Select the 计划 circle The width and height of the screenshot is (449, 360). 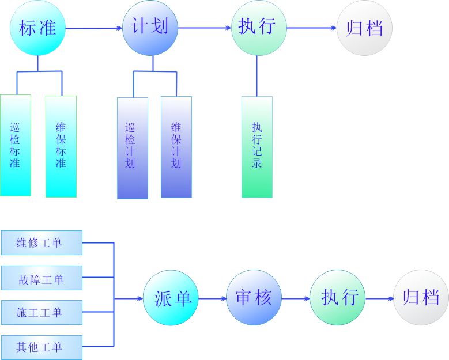pos(150,28)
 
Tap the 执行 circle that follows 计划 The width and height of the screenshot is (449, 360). pos(259,28)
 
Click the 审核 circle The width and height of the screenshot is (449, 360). pos(254,298)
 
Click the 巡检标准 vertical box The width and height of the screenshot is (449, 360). pos(16,145)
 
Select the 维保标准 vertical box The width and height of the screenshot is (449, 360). pos(61,145)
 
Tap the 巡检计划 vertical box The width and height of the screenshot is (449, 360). pos(132,147)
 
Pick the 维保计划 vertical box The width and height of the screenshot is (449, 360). pos(176,146)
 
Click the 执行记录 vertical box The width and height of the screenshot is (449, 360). pos(257,146)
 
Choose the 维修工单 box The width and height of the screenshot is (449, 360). pos(41,242)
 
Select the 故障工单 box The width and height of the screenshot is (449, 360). pos(41,279)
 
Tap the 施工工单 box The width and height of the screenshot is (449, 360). pos(41,313)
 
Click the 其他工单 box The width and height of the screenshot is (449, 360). pos(41,347)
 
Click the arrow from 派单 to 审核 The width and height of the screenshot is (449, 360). pos(213,298)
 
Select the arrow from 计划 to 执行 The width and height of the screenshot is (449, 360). pos(205,28)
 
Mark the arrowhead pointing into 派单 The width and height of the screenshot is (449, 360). pos(139,298)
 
